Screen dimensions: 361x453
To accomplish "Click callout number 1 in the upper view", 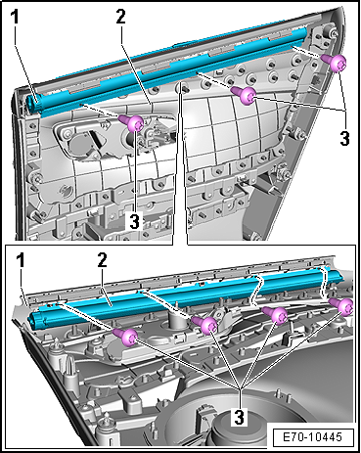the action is pos(16,18).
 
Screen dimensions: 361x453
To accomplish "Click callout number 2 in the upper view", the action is pos(120,17).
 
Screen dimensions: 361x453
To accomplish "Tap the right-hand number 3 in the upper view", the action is pos(344,138).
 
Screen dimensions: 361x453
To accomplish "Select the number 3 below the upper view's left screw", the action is pos(134,222).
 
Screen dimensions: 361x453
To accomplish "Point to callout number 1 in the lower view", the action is pos(21,261).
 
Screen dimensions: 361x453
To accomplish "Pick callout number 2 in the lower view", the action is pos(102,261).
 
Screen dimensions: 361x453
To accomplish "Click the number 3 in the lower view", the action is pos(239,417).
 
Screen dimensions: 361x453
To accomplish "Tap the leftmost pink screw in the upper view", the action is pos(132,123).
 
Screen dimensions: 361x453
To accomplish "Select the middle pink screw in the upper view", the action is pos(244,95).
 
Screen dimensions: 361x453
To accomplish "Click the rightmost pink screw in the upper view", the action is pos(334,63).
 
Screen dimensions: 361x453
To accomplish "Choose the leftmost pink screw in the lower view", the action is pos(125,338).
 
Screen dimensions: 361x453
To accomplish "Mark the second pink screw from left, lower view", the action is pos(204,325).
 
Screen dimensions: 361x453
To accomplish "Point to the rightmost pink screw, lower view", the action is pos(341,306).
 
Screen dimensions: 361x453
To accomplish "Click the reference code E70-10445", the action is pos(312,437).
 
